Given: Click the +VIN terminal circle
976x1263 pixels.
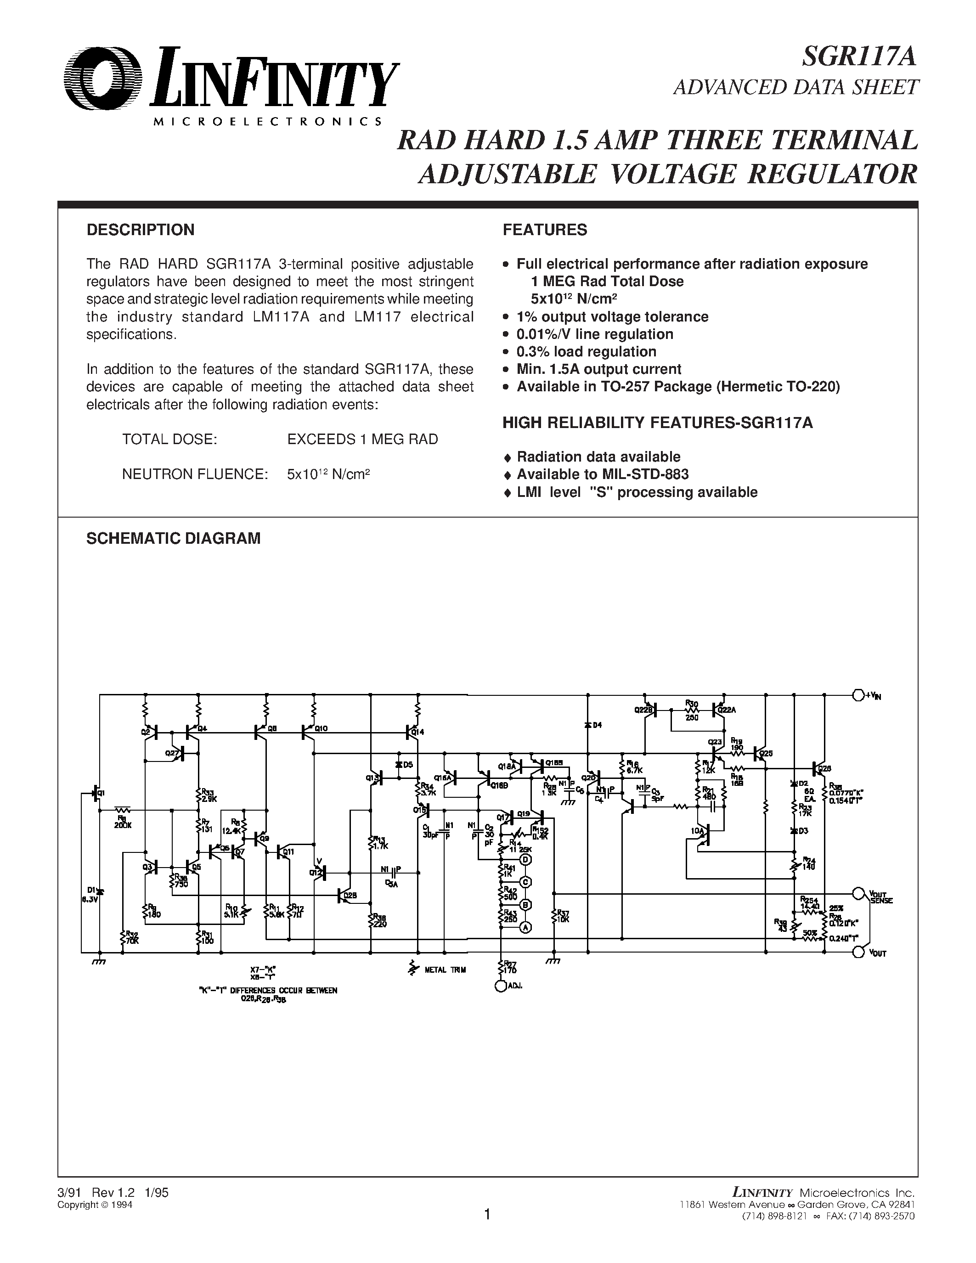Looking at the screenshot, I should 858,694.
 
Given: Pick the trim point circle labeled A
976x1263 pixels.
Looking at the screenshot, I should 525,927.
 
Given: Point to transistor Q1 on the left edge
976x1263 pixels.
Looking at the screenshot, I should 96,794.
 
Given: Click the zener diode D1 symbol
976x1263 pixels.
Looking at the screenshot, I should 100,891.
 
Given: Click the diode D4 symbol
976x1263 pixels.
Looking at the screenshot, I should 587,725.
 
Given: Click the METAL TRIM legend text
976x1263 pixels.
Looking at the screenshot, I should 445,970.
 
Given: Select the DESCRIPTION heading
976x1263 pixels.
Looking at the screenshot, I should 141,230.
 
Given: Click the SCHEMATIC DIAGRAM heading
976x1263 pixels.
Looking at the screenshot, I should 174,538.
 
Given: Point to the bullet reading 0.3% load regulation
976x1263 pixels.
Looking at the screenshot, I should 587,352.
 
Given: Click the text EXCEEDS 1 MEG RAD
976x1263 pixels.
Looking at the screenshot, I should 362,440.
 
